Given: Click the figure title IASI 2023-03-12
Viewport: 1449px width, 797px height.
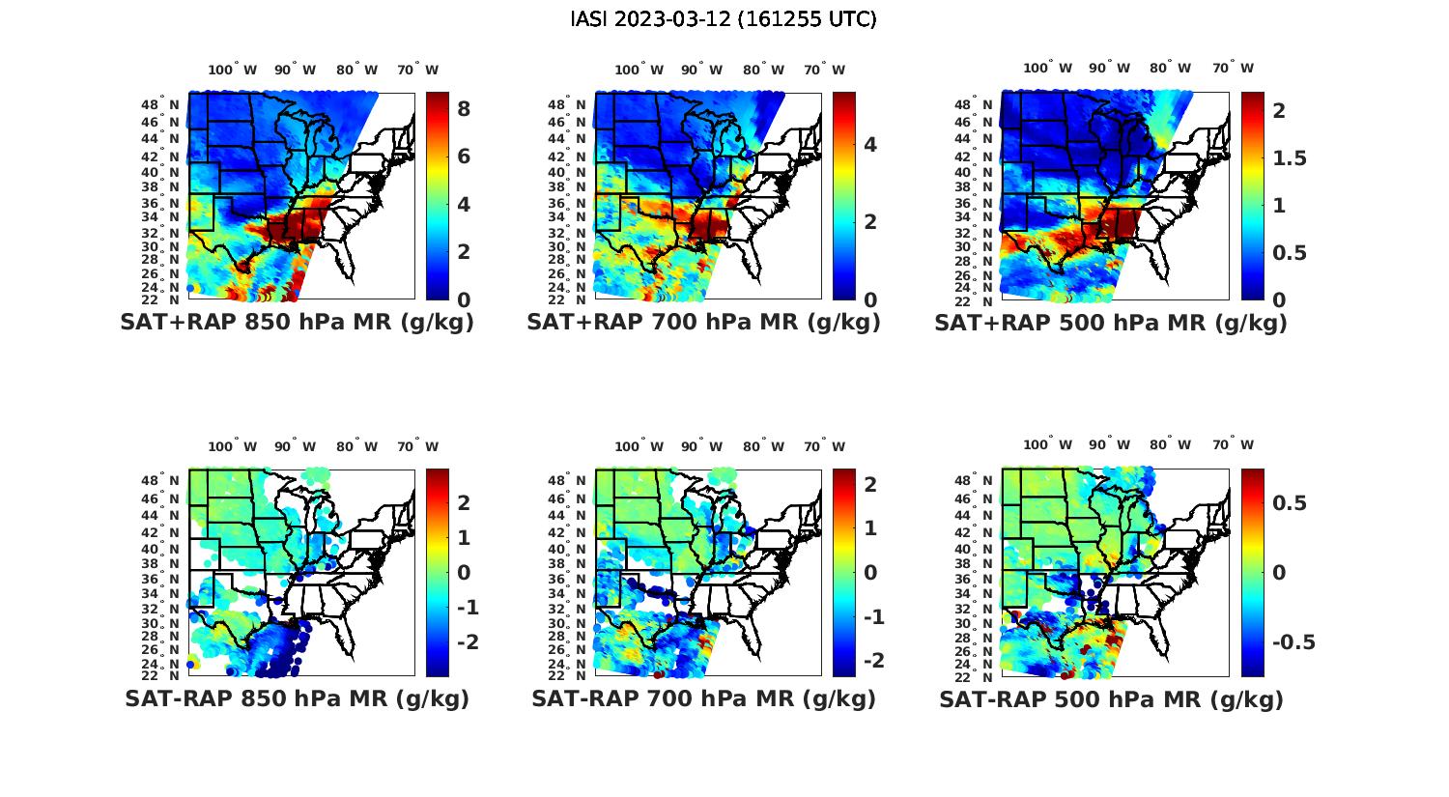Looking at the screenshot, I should coord(724,19).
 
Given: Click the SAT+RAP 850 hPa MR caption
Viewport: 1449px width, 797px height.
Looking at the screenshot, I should coord(297,323).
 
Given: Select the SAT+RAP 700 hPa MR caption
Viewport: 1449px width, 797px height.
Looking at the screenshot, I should coord(703,323).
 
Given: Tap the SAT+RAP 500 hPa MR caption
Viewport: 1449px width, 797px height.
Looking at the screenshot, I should coord(1111,323).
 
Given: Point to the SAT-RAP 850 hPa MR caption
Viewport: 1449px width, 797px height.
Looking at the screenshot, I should coord(297,698).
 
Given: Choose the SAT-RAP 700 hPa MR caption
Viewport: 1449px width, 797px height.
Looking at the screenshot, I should coord(703,698).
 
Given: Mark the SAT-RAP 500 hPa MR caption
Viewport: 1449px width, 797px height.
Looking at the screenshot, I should coord(1111,698).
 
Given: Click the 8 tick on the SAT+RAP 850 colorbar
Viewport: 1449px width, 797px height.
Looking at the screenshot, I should coord(464,109).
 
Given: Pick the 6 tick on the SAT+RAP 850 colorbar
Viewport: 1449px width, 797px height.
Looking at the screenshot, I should coord(464,157).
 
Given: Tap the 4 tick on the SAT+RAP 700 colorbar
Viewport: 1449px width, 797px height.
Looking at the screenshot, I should coord(870,145).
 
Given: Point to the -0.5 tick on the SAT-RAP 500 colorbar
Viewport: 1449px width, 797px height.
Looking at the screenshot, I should coord(1293,642).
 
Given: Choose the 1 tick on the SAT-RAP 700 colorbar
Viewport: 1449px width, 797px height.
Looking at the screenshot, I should coord(870,528).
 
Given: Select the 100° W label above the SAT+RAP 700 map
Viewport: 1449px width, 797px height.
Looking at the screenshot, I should coord(639,70).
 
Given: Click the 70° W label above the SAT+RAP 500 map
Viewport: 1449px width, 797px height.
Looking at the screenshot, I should coord(1233,68).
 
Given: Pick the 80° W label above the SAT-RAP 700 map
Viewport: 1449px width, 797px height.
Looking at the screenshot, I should coord(763,446).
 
